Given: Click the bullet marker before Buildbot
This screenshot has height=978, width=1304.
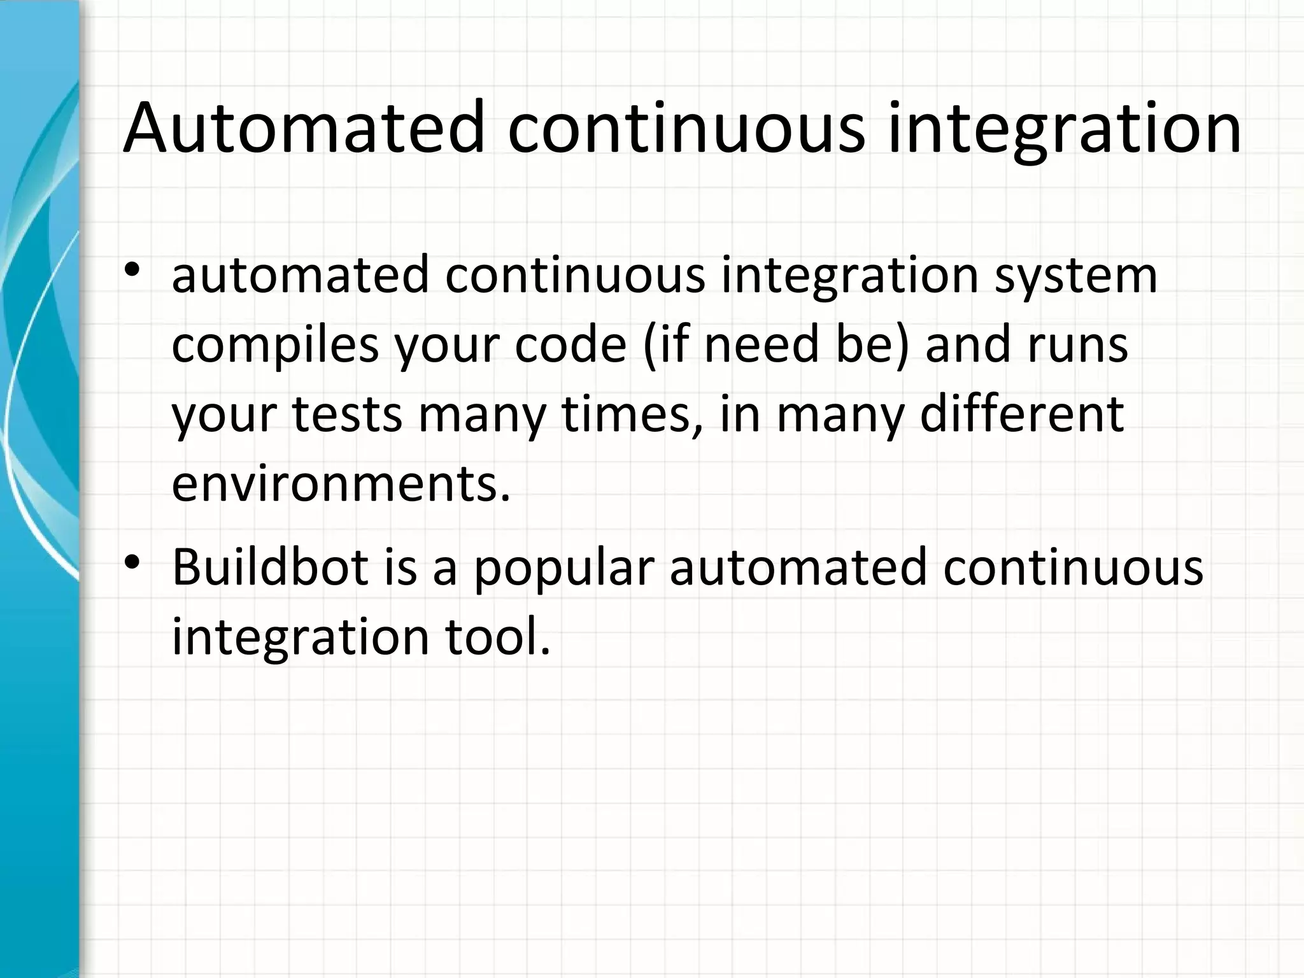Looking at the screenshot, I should [132, 563].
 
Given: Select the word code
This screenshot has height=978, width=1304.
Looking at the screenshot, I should [570, 345].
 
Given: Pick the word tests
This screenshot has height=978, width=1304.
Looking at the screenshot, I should [347, 415].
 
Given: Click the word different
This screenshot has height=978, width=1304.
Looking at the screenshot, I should [1022, 414].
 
